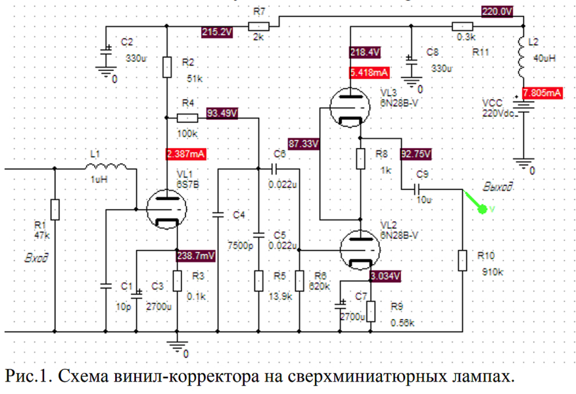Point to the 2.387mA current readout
pos(186,154)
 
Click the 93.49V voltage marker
pos(221,113)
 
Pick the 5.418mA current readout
pos(369,73)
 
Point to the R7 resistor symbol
pos(259,26)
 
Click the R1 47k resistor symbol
pos(55,210)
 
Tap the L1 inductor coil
pos(108,168)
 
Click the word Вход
pos(36,257)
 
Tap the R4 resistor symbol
pos(187,118)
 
